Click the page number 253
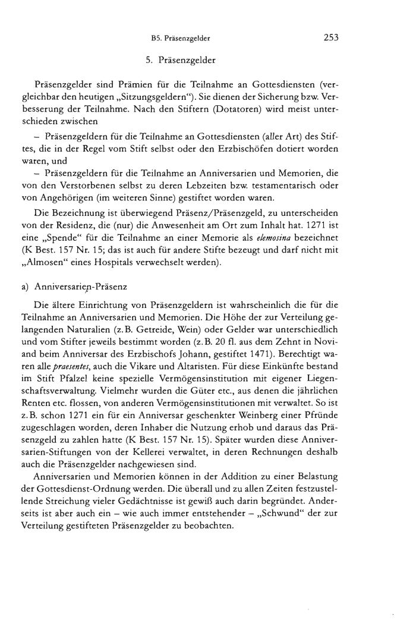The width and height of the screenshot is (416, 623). pyautogui.click(x=330, y=38)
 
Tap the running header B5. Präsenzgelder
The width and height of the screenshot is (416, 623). pyautogui.click(x=182, y=39)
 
